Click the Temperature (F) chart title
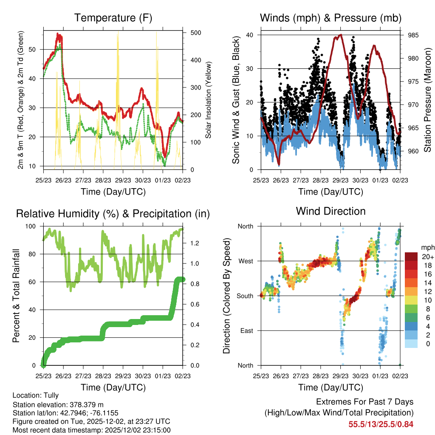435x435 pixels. pos(113,18)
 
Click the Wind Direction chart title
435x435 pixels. pos(330,211)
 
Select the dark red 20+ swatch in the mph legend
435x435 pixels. pos(412,257)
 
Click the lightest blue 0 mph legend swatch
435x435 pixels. pos(412,343)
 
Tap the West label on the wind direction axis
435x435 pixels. pos(245,261)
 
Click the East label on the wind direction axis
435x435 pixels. pos(246,330)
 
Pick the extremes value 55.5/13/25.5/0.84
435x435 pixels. pos(381,424)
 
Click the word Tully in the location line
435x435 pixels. pos(51,395)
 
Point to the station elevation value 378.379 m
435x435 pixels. pos(85,404)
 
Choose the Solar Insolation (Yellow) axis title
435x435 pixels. pos(209,100)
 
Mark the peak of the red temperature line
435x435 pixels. pos(59,34)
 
